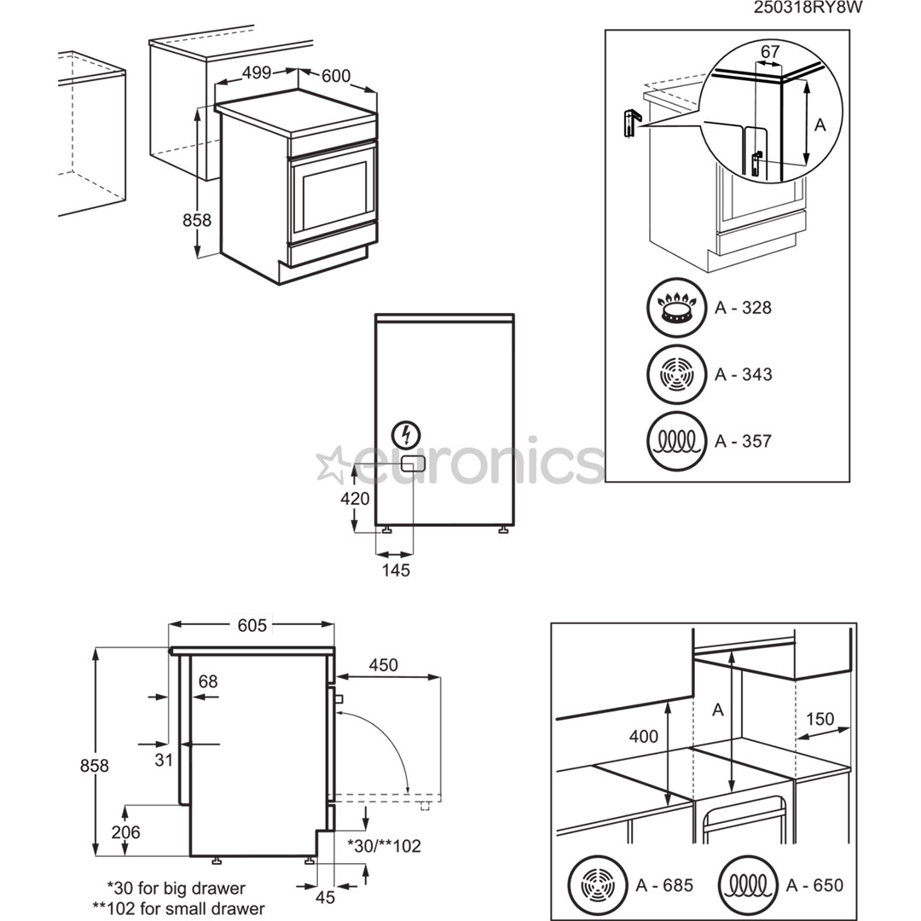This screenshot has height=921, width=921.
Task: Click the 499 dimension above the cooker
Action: (256, 73)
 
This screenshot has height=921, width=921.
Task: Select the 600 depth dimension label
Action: (336, 76)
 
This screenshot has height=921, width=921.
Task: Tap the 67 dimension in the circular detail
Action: (770, 52)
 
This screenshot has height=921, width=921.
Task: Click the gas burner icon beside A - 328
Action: (677, 308)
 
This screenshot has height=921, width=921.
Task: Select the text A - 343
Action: (743, 374)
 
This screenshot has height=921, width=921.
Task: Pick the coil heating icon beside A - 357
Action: (677, 441)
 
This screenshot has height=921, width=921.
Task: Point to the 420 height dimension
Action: (355, 499)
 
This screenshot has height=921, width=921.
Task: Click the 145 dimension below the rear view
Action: (396, 571)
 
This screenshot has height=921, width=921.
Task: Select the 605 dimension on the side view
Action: (252, 626)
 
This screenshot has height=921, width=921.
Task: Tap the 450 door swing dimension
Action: (383, 664)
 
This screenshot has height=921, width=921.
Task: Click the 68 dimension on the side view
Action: (208, 681)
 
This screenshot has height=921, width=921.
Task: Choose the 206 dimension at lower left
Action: (125, 832)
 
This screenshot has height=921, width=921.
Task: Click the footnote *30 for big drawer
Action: (176, 889)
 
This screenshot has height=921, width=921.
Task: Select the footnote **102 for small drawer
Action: (178, 908)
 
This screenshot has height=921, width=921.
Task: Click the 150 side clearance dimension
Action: (820, 719)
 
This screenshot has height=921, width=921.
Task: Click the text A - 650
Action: (815, 884)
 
